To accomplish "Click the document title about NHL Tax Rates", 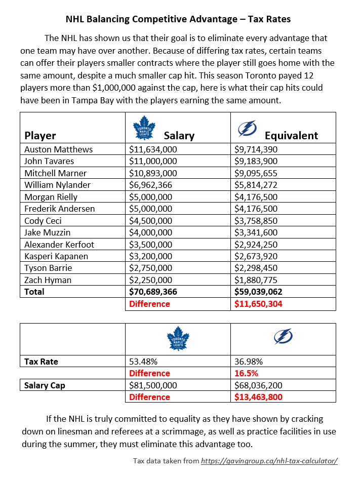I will click(178, 20).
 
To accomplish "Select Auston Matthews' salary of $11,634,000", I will click(153, 149).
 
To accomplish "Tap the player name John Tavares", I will click(49, 161).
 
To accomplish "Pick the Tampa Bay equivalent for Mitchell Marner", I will click(259, 173).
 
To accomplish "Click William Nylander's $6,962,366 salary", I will click(153, 185).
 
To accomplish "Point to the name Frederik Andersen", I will click(59, 209).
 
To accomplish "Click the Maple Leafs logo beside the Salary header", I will click(146, 128).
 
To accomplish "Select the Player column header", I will click(41, 135).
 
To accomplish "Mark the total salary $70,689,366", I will click(156, 292).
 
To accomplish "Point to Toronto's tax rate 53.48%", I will click(143, 362).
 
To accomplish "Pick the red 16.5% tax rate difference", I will click(246, 373).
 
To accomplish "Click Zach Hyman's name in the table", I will click(48, 280).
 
